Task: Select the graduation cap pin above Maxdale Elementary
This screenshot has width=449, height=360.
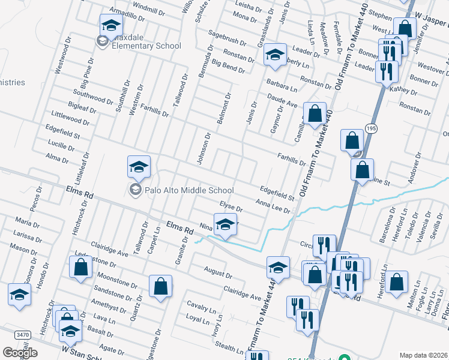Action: point(111,26)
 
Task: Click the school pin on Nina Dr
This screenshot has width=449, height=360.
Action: point(225,225)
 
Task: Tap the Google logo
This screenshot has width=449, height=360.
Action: point(20,353)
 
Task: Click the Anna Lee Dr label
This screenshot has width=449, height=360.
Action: point(273,206)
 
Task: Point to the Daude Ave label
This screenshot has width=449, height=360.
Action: point(283,100)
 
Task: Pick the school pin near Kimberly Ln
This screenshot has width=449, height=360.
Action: point(274,55)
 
